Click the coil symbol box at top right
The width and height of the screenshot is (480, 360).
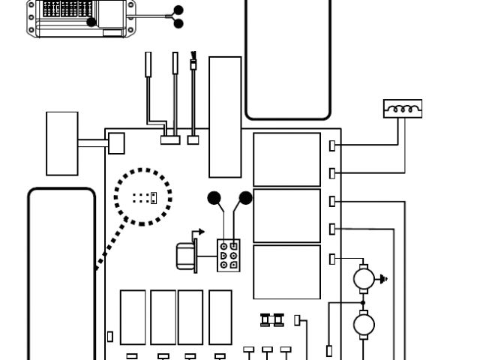pos(403,109)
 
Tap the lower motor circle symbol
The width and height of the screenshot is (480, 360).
pos(364,325)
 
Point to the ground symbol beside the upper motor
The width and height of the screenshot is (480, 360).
pos(385,280)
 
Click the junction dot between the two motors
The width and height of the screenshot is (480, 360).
pos(364,303)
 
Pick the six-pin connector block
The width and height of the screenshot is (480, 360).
pos(229,255)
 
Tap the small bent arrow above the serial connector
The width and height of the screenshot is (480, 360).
pos(197,233)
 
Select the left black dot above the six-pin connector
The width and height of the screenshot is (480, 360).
pos(214,199)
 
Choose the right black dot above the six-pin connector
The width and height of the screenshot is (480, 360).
pos(245,199)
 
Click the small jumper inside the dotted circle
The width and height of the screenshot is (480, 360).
pos(152,198)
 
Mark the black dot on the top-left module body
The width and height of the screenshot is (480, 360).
pos(91,22)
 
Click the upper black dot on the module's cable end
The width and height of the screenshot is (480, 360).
pos(178,10)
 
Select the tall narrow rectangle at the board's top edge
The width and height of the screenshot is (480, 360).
pos(225,116)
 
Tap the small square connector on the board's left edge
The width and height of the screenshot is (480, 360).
pos(116,143)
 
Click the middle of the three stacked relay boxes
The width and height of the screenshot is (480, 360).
pos(286,216)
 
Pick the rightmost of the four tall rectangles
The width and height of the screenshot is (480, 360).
pos(220,316)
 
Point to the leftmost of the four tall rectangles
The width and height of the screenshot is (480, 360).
pos(133,316)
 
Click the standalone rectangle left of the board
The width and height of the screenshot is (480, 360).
pos(62,143)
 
